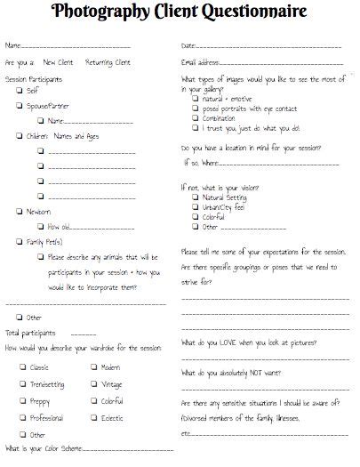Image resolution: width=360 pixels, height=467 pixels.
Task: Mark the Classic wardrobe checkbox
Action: pos(22,366)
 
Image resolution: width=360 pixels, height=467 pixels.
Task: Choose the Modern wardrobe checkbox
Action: pos(93,366)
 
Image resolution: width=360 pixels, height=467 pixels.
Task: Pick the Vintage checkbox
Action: pos(93,383)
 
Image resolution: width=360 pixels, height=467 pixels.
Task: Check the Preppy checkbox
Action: pos(22,400)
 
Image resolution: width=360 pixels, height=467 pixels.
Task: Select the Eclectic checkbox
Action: pos(93,417)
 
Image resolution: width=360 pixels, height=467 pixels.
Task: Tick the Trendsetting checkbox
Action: pos(22,383)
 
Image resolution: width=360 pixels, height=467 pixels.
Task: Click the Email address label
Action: pos(200,62)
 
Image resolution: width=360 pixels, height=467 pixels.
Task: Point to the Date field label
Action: pos(188,45)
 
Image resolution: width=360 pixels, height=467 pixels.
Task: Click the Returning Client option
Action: pos(108,62)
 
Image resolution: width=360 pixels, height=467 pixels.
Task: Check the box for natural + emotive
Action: pos(194,99)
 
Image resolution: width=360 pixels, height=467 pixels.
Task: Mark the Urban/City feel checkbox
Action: pos(194,205)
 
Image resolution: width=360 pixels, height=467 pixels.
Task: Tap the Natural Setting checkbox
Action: pos(194,197)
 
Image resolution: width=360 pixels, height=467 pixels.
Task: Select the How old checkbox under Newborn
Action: pos(41,226)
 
